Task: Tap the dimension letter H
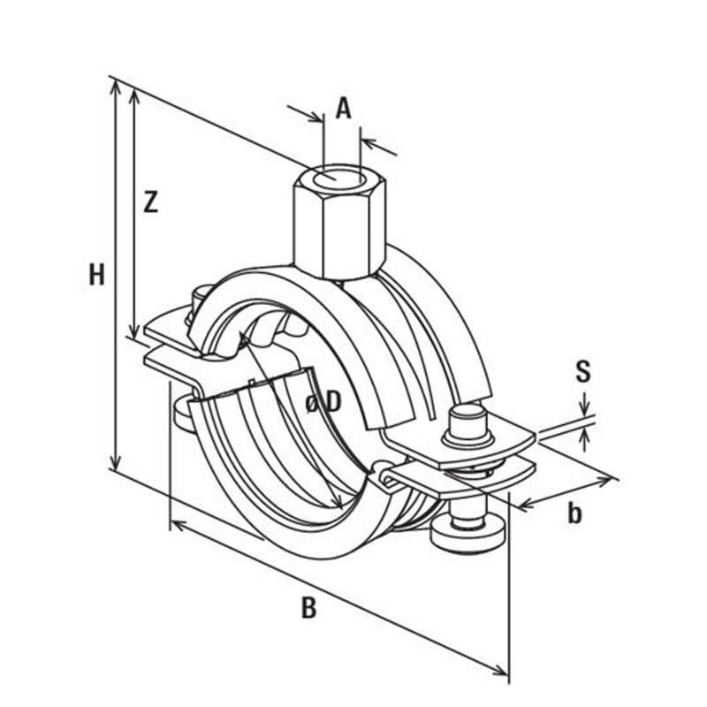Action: (96, 275)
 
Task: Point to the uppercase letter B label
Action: (308, 607)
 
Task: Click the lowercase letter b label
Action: (574, 513)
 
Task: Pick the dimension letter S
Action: (583, 371)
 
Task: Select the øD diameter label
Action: (323, 403)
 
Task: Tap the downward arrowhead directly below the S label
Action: (584, 412)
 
